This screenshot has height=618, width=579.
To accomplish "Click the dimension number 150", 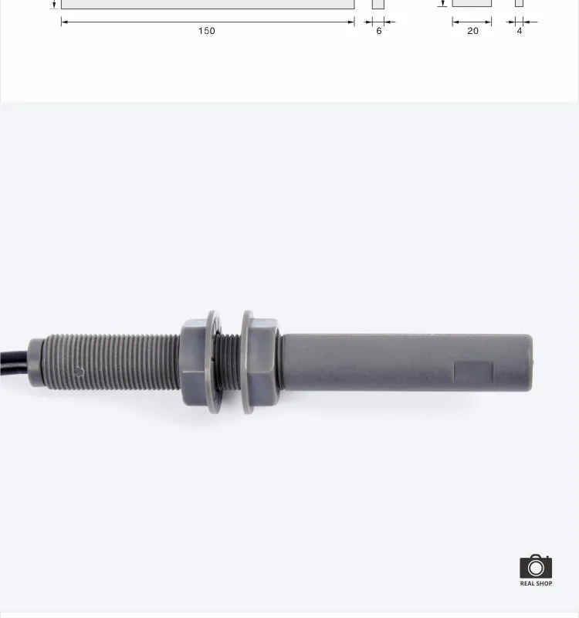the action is click(207, 31).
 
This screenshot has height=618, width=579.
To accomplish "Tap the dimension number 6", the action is click(378, 31).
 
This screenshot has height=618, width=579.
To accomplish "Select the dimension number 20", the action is click(472, 31).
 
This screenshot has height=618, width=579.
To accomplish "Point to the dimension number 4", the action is click(520, 31).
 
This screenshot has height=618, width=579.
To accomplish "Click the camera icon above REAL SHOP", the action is click(536, 566).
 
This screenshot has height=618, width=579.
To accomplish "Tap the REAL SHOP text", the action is click(536, 583).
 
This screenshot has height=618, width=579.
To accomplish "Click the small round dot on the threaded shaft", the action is click(80, 372).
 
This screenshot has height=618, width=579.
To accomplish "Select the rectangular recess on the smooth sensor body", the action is click(473, 372).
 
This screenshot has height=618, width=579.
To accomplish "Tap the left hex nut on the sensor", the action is click(193, 362).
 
